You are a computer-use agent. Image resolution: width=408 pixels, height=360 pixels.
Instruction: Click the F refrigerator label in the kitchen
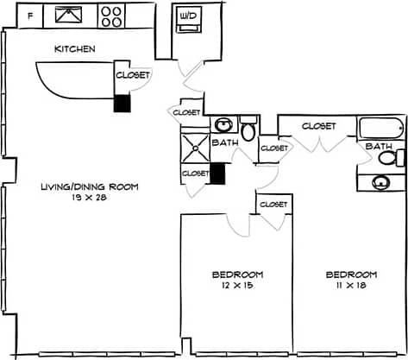[30, 16]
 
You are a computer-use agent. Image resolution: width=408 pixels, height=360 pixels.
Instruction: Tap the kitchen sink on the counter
[66, 15]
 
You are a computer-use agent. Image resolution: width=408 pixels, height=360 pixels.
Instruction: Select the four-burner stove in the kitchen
[111, 15]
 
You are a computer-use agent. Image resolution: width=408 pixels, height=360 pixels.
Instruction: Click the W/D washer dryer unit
[187, 20]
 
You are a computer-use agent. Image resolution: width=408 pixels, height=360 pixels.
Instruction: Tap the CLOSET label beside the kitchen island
[133, 75]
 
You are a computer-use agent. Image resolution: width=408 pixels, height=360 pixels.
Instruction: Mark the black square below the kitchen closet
[123, 103]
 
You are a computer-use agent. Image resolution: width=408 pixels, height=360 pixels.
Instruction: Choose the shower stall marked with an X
[195, 145]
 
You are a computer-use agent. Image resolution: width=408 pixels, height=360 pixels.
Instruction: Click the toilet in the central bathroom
[248, 130]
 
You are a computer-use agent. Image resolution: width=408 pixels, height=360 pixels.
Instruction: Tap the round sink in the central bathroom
[223, 123]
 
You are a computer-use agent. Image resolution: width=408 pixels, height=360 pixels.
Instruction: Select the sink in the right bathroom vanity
[381, 182]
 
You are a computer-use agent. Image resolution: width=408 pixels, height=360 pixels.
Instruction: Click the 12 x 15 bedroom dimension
[237, 285]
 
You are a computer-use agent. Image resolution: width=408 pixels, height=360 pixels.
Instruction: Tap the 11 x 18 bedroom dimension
[351, 285]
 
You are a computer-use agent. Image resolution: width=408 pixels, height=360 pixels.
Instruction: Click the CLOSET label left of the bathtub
[318, 126]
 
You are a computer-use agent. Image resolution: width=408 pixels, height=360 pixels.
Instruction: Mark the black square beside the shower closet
[217, 174]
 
